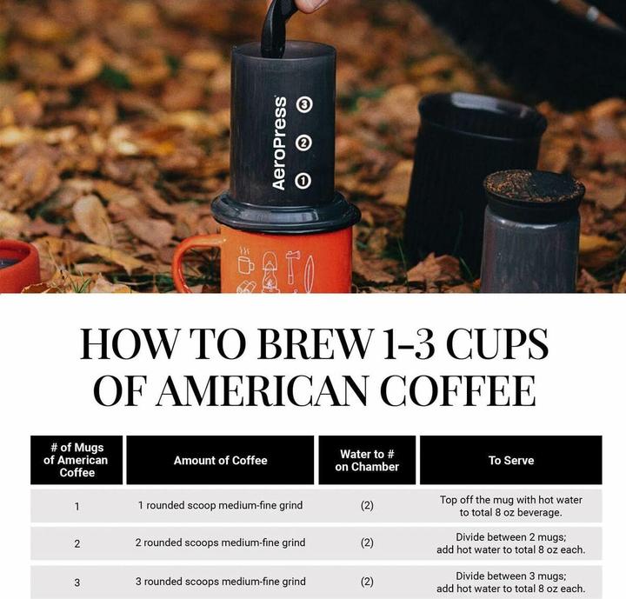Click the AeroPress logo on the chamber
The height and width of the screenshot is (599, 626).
click(x=279, y=143)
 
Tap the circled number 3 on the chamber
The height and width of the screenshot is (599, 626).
click(x=303, y=105)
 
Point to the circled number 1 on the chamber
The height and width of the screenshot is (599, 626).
click(x=303, y=181)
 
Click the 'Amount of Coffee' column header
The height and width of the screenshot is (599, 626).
click(x=220, y=460)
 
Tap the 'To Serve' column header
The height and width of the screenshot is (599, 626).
click(x=510, y=460)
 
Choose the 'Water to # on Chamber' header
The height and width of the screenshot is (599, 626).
click(x=367, y=460)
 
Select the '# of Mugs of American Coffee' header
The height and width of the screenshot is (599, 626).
click(x=77, y=460)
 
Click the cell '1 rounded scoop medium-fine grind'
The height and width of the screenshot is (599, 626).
click(x=220, y=505)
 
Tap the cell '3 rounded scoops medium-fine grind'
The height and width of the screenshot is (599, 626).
click(x=220, y=582)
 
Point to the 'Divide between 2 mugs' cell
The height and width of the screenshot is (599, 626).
click(x=510, y=542)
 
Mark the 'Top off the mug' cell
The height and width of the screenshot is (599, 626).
click(x=510, y=506)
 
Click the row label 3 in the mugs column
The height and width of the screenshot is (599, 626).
click(x=77, y=582)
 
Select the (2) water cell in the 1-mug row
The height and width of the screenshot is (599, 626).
click(x=367, y=505)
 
